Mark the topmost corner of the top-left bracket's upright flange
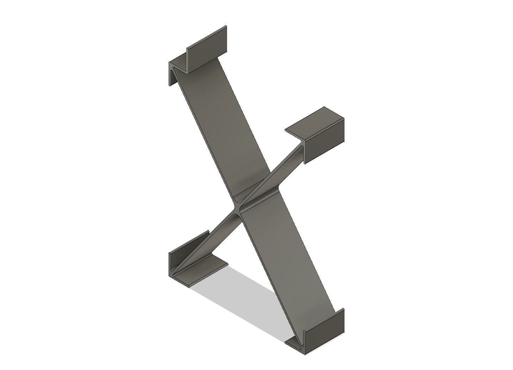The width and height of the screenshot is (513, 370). pyautogui.click(x=226, y=25)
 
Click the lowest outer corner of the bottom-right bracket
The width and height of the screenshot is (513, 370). pyautogui.click(x=305, y=354)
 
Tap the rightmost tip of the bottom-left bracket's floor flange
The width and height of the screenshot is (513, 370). pyautogui.click(x=228, y=263)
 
